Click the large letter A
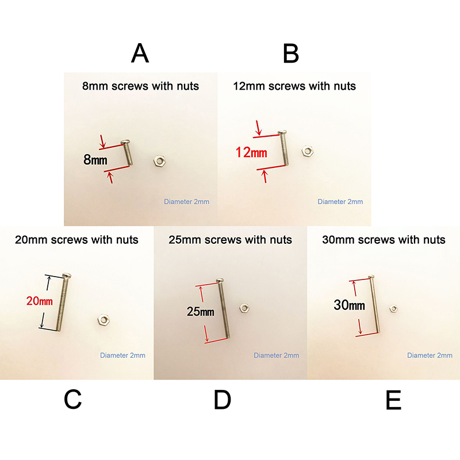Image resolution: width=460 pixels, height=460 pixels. pyautogui.click(x=140, y=53)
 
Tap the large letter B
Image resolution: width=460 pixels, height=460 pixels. pyautogui.click(x=291, y=53)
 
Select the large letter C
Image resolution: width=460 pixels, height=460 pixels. pyautogui.click(x=73, y=399)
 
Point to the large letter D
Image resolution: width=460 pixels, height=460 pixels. pyautogui.click(x=223, y=400)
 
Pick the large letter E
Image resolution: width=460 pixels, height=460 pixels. pyautogui.click(x=393, y=400)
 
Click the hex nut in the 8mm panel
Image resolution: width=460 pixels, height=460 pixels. pyautogui.click(x=160, y=161)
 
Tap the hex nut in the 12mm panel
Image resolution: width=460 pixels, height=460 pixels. pyautogui.click(x=308, y=151)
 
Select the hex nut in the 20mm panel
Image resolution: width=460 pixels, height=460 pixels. pyautogui.click(x=103, y=320)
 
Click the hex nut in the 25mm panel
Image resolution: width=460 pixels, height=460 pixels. pyautogui.click(x=244, y=308)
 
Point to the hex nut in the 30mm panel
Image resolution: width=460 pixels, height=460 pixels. pyautogui.click(x=393, y=309)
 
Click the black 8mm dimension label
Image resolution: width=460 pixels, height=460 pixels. pyautogui.click(x=95, y=160)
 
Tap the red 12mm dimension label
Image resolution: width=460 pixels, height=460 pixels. pyautogui.click(x=251, y=152)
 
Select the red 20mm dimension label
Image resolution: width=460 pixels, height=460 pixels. pyautogui.click(x=40, y=301)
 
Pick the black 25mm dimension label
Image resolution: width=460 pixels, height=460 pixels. pyautogui.click(x=200, y=312)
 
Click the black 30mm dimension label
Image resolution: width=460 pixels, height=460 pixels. pyautogui.click(x=350, y=305)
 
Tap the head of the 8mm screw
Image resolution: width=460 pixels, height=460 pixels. pyautogui.click(x=126, y=142)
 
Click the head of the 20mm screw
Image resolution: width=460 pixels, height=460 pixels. pyautogui.click(x=67, y=275)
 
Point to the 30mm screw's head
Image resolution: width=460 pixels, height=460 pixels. pyautogui.click(x=371, y=277)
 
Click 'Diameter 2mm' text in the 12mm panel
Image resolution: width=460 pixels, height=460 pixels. pyautogui.click(x=340, y=202)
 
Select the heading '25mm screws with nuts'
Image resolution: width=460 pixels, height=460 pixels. pyautogui.click(x=231, y=240)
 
